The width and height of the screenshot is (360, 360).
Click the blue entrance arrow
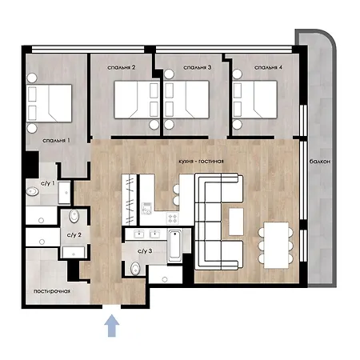point(111,326)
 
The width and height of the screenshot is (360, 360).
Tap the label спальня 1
point(56,140)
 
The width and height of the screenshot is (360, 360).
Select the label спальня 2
point(122,67)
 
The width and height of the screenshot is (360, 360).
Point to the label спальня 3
point(198,67)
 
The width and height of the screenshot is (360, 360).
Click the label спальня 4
point(268,67)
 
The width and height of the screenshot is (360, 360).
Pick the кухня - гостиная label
point(201,161)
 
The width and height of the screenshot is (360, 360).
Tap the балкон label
point(320,162)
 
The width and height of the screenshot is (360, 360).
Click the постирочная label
point(52,291)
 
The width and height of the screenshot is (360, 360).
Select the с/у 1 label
point(48,183)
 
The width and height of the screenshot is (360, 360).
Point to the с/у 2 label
point(74,235)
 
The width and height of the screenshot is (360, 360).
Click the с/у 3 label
point(145,251)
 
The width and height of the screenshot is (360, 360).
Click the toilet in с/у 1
point(32,191)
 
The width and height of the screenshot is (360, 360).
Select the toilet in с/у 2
point(74,215)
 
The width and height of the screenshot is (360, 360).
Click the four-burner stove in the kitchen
point(173,218)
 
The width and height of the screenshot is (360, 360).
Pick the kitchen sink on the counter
point(146,209)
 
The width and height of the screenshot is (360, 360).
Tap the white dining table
point(276,245)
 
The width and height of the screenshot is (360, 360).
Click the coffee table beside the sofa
point(236,222)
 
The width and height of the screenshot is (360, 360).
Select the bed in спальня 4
point(255,99)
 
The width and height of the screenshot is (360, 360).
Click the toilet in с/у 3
point(135,269)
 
